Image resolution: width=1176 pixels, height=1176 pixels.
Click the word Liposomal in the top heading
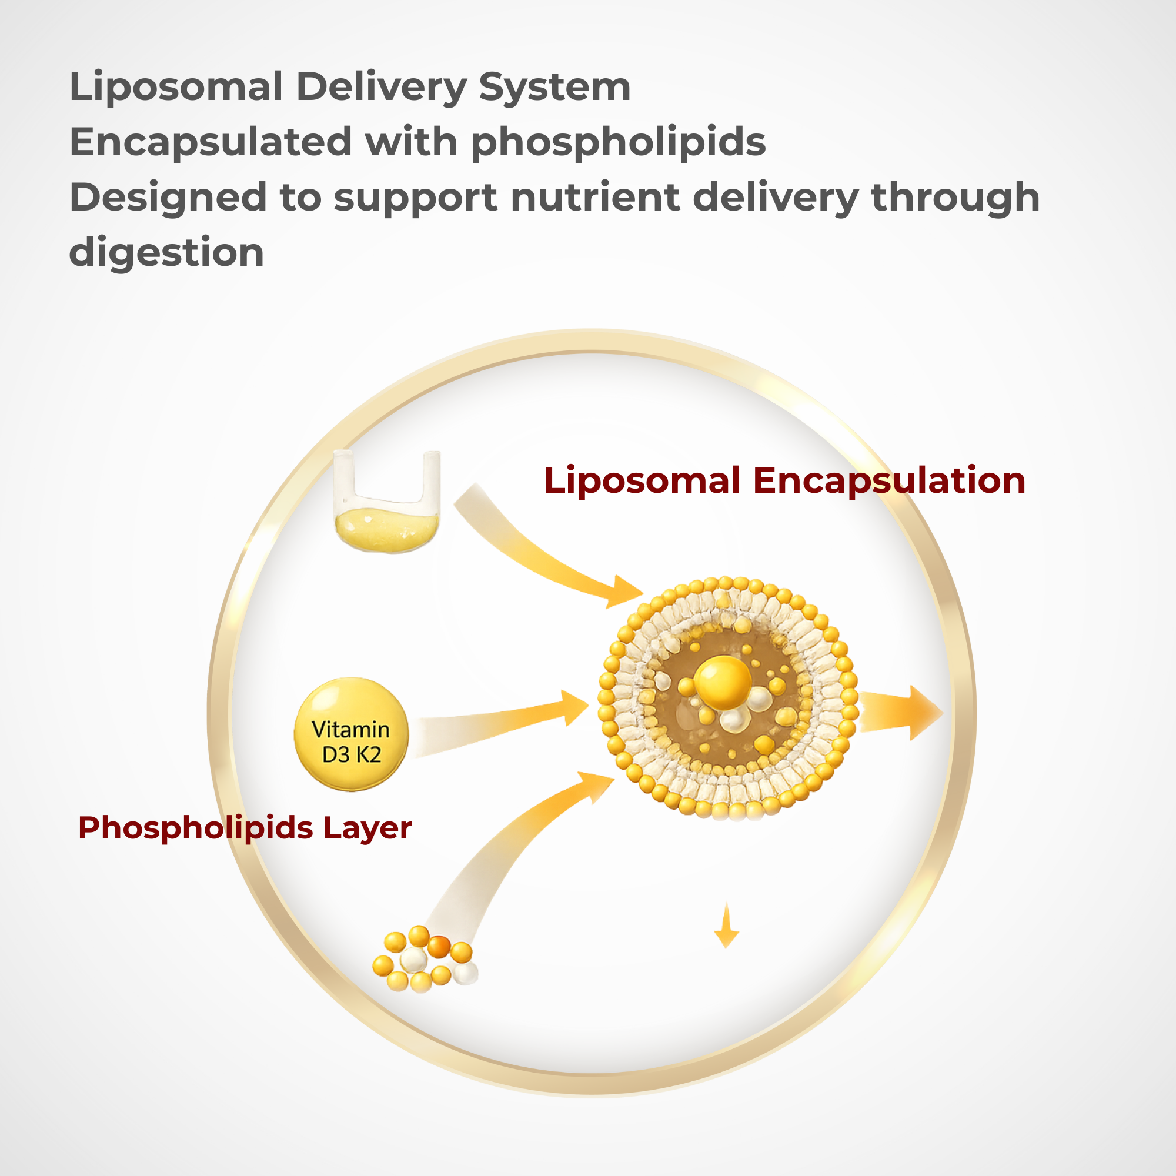pyautogui.click(x=176, y=87)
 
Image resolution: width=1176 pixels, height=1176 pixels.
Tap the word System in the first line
pyautogui.click(x=554, y=87)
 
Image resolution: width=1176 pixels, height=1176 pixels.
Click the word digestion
pyautogui.click(x=166, y=253)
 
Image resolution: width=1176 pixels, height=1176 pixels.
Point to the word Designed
pyautogui.click(x=168, y=198)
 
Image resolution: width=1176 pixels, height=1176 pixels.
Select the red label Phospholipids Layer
pyautogui.click(x=245, y=828)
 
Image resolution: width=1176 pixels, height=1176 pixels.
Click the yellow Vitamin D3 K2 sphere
pyautogui.click(x=351, y=734)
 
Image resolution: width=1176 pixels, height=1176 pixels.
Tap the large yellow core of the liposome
pyautogui.click(x=723, y=682)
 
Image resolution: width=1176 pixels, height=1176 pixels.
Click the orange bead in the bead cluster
pyautogui.click(x=439, y=947)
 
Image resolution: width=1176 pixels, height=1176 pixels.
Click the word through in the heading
pyautogui.click(x=955, y=198)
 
